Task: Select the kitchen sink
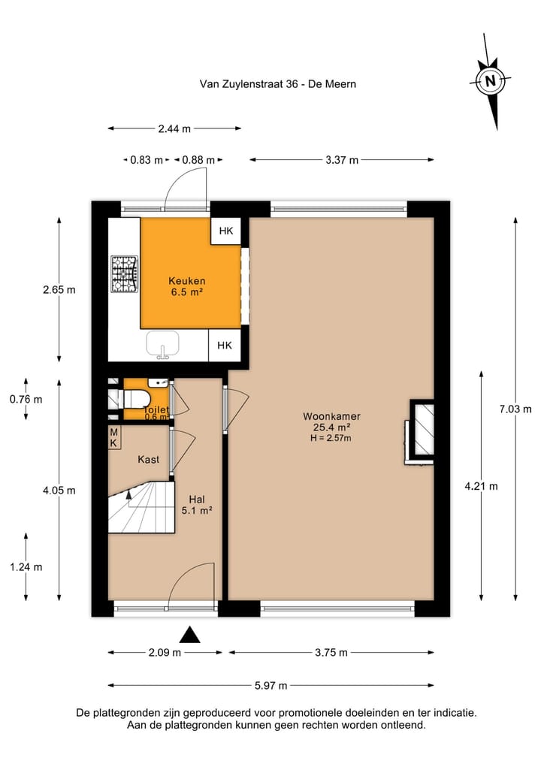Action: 162,345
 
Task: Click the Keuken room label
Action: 187,286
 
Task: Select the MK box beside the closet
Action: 114,438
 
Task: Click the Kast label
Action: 148,459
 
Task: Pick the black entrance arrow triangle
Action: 192,636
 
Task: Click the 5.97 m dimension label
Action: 270,685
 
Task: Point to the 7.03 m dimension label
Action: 515,409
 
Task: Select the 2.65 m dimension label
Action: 59,289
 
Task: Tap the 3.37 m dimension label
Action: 341,159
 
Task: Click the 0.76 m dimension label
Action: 26,399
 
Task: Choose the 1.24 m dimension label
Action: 26,567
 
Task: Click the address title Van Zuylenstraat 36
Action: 278,84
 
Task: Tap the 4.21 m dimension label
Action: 482,486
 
